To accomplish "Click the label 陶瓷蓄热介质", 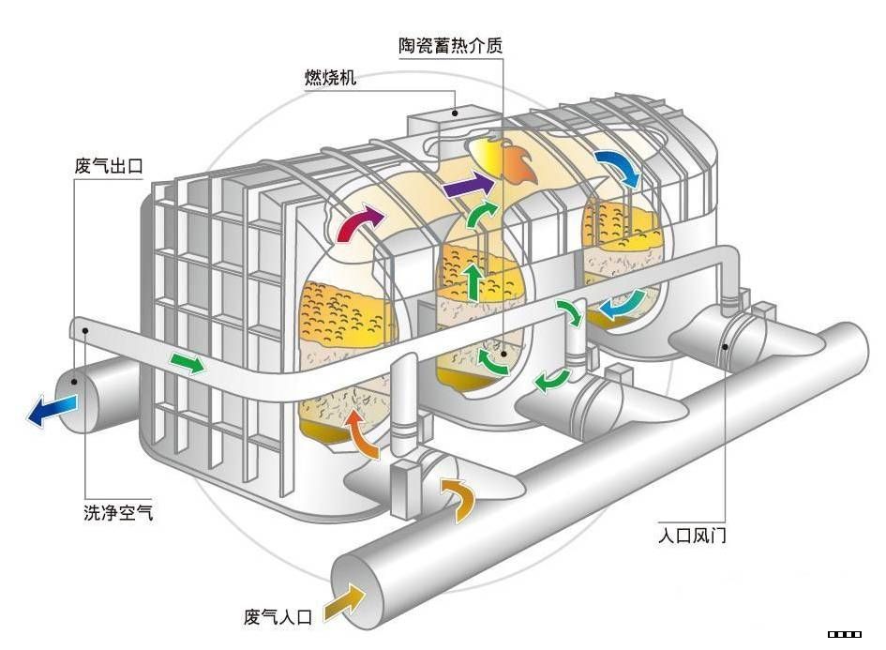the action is coord(450,46).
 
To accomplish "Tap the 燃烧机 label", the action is coord(331,77).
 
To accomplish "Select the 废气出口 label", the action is coord(109,166).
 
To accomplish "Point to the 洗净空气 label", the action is coord(118,512).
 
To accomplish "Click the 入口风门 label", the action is coord(692,535).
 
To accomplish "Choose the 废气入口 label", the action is coord(278,616).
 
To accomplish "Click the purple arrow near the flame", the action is coord(468,184).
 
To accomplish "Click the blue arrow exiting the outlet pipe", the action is coord(52,410).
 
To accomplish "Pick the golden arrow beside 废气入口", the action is coord(345,604).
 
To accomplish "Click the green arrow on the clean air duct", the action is coord(188,362).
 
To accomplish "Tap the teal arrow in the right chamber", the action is coord(622,305).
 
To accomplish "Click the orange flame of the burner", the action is coord(518,163).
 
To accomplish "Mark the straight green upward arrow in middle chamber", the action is coord(473,281).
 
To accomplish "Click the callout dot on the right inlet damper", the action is coord(725,346).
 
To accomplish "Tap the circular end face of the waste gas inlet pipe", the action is coord(355,591).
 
